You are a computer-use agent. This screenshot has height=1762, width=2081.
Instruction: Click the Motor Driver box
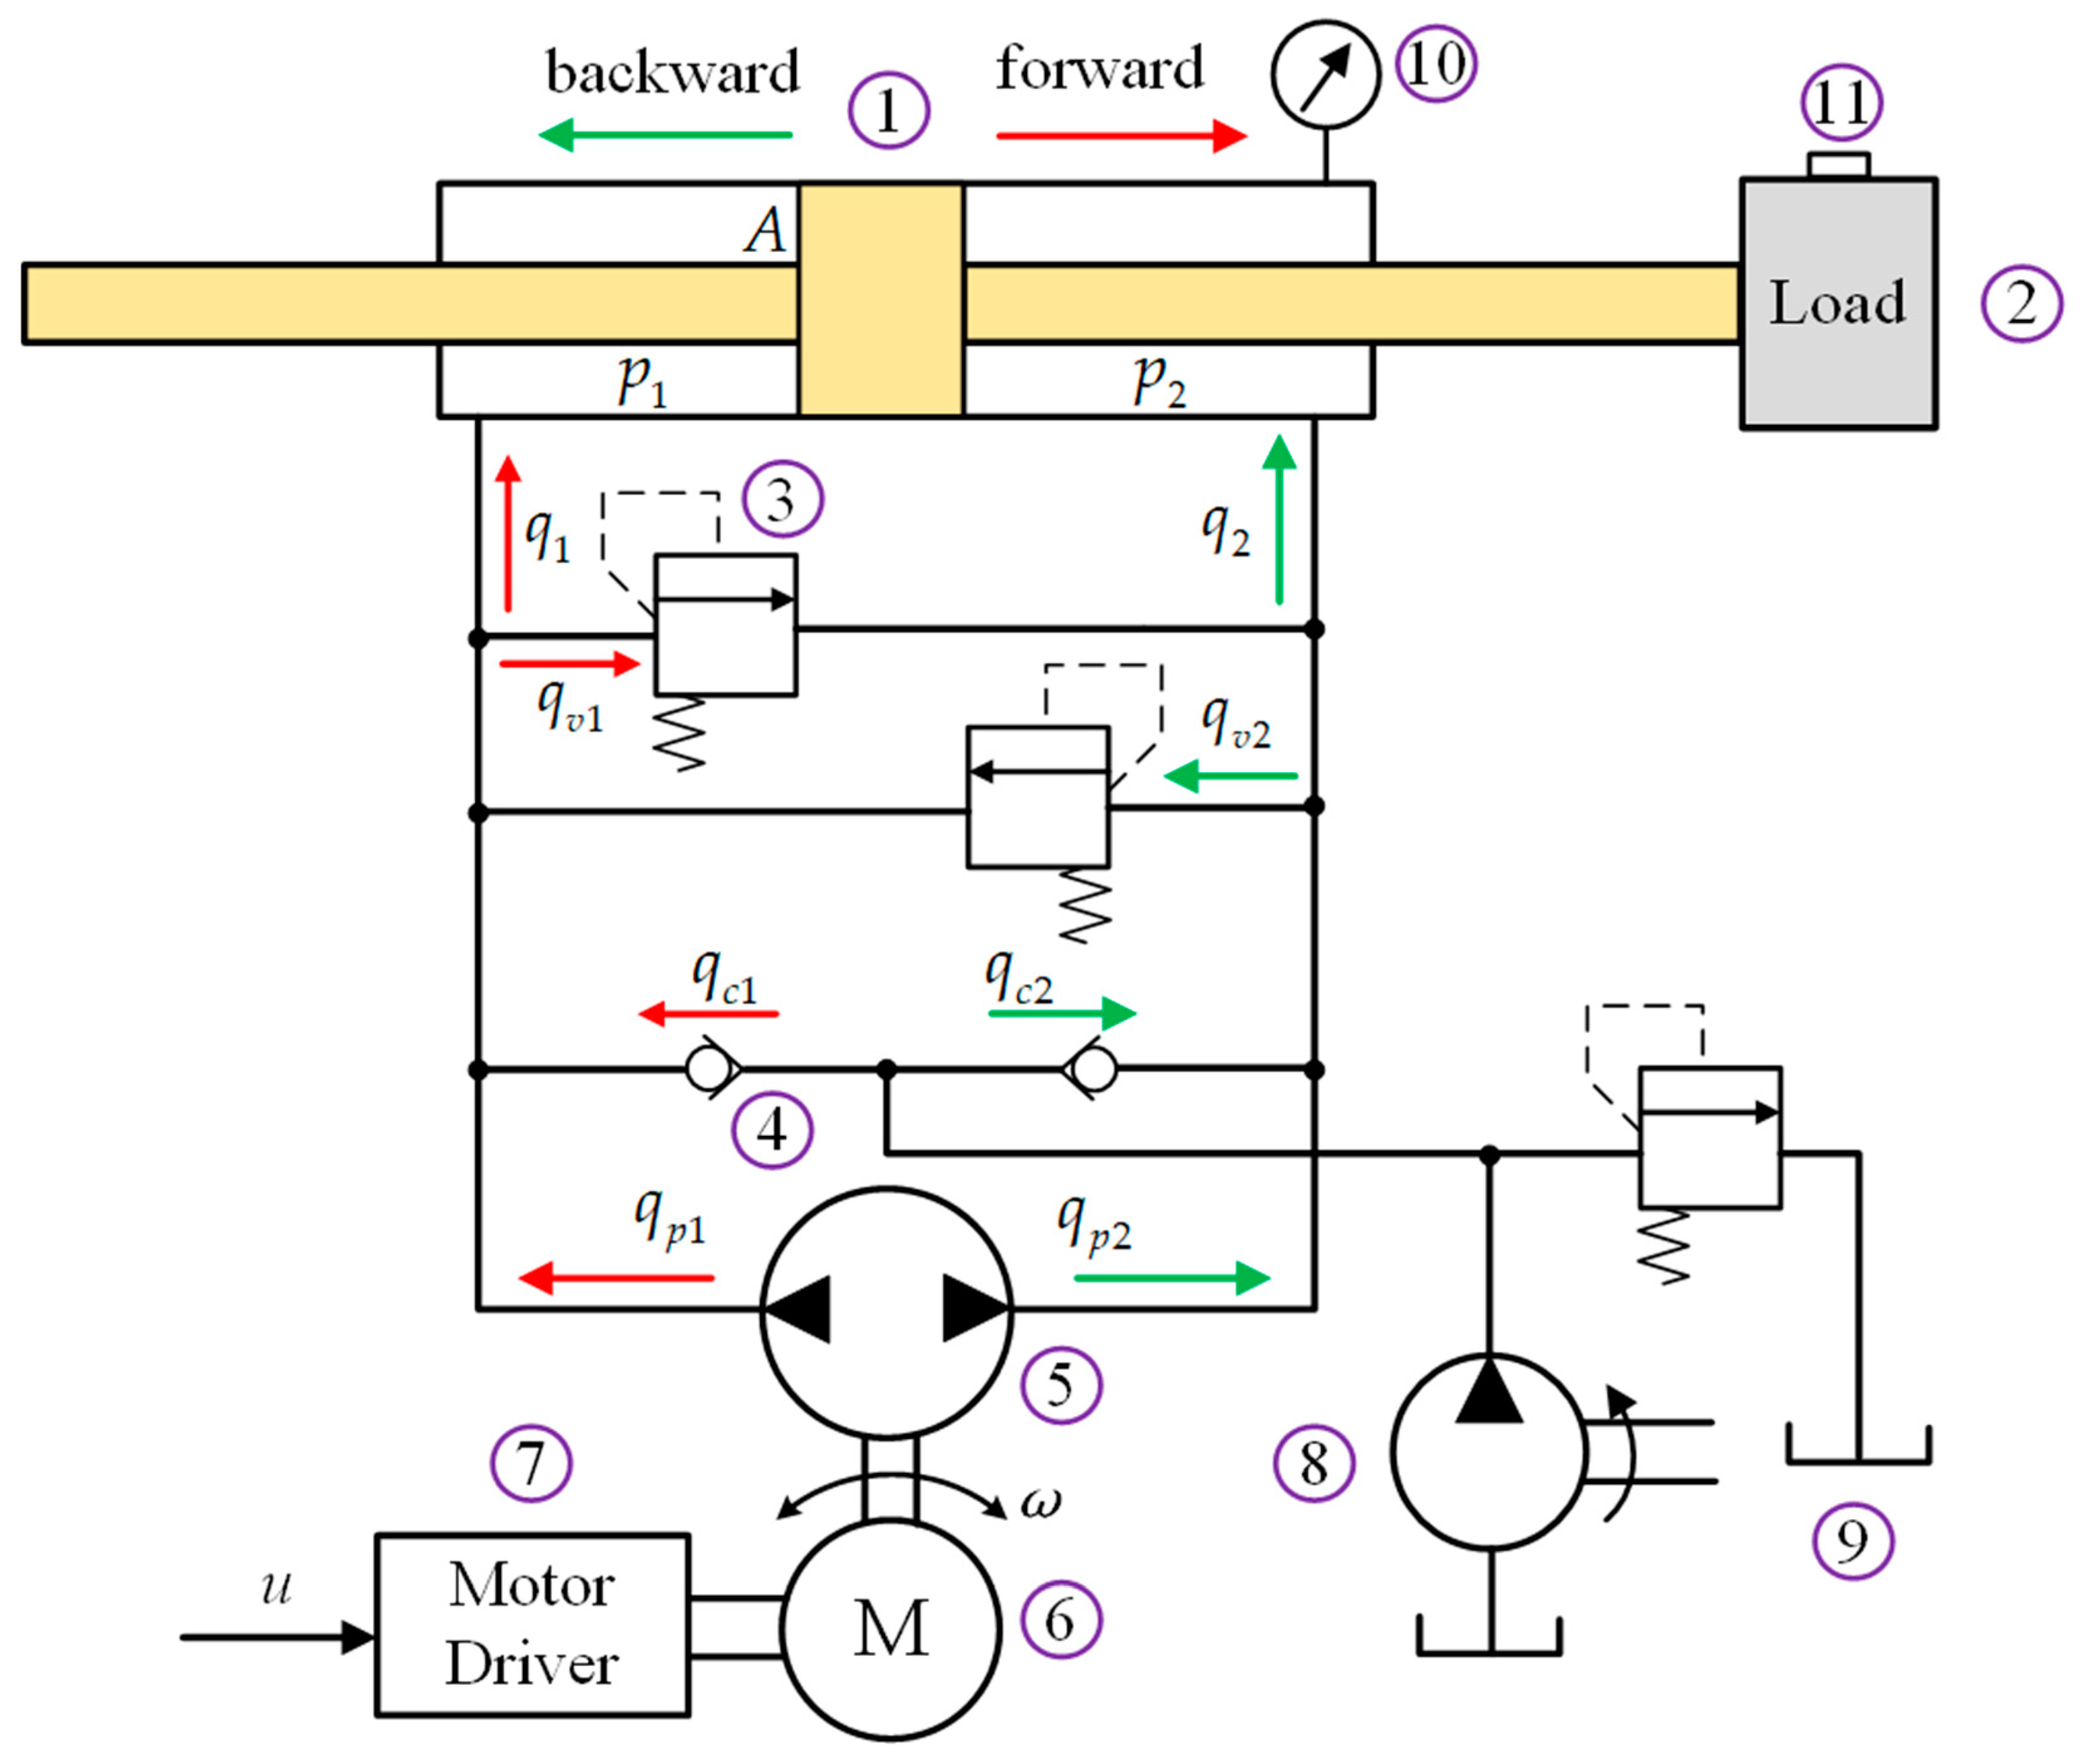pos(531,1625)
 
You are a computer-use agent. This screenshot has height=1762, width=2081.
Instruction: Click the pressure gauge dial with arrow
pos(1325,75)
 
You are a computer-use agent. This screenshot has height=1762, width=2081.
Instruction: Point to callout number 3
pos(782,499)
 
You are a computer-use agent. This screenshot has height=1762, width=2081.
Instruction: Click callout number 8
pos(1313,1463)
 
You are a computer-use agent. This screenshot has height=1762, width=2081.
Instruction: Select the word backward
pos(671,73)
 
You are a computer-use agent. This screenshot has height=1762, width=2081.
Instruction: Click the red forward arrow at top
pos(1121,135)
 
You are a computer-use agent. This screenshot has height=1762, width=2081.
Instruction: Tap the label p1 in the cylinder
pos(641,380)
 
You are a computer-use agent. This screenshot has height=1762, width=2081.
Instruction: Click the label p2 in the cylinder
pos(1158,380)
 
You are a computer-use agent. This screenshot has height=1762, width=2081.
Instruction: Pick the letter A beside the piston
pos(765,231)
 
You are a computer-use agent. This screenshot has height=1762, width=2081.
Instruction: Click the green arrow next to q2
pos(1279,520)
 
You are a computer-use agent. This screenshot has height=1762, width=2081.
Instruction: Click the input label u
pos(277,1587)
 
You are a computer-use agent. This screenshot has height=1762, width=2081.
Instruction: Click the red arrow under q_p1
pos(616,1278)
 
